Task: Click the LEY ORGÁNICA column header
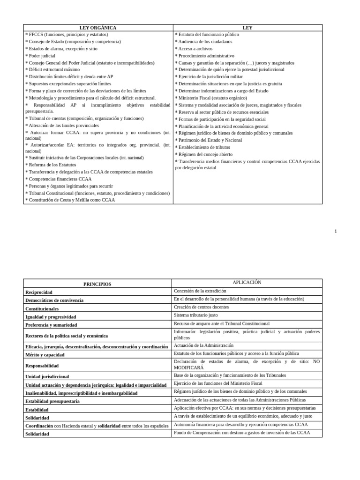point(97,28)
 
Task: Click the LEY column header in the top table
point(247,28)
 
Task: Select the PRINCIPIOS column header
point(97,284)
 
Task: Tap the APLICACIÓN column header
point(247,283)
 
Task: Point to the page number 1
point(336,231)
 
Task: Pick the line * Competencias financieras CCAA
point(59,179)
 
